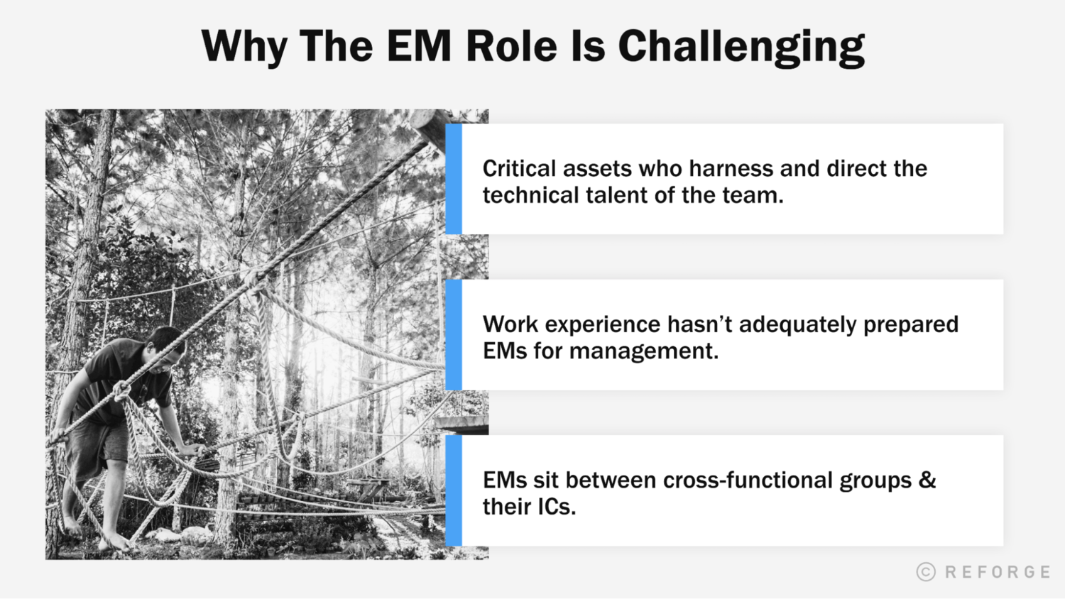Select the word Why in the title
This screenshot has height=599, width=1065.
[244, 47]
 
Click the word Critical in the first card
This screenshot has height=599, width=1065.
[519, 169]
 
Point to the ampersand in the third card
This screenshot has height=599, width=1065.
[927, 480]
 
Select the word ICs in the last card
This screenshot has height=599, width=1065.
[556, 507]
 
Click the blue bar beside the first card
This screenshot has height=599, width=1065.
[454, 179]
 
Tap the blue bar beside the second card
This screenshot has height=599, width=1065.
[454, 334]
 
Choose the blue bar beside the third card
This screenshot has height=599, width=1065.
[454, 490]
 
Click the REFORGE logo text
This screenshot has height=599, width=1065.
[998, 572]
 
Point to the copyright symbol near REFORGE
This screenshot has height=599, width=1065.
[926, 572]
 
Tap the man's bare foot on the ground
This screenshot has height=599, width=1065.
[114, 544]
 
